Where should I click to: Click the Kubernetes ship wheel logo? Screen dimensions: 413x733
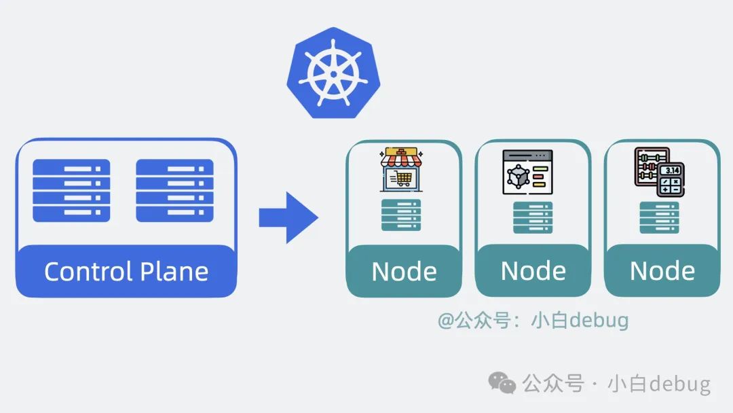coord(329,72)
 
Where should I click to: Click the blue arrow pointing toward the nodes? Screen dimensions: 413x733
coord(288,217)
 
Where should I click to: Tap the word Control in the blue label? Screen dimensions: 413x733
coord(88,272)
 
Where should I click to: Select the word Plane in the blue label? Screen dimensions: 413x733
coord(174,272)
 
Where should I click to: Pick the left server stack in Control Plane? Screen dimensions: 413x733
coord(71,190)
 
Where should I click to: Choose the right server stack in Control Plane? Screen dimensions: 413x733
coord(174,190)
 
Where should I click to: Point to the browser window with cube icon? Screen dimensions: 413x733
coord(527,172)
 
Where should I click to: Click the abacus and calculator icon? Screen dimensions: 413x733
coord(659,171)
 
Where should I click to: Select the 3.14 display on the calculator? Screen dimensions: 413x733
coord(671,170)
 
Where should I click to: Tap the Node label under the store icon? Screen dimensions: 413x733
coord(404,272)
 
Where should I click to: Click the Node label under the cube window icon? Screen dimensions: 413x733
coord(533,271)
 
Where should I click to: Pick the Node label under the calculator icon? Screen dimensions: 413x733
coord(662,271)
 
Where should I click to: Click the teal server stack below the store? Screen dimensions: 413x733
coord(401,215)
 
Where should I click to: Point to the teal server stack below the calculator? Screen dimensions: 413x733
coord(659,217)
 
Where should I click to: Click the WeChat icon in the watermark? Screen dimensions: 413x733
coord(503,383)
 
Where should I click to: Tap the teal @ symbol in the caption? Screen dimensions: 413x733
coord(445,321)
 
